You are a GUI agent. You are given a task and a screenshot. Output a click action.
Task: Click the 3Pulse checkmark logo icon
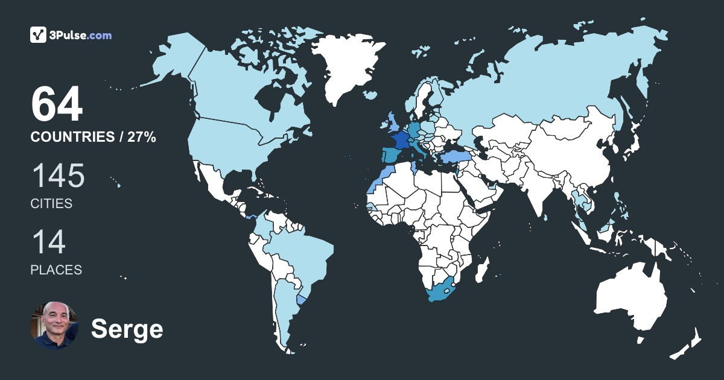click(39, 35)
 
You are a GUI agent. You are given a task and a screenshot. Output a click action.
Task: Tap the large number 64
click(56, 105)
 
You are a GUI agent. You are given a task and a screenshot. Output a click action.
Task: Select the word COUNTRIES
click(71, 138)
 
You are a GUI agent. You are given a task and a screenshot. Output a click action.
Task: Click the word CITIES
click(51, 204)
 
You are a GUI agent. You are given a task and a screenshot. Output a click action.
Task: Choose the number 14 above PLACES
click(48, 242)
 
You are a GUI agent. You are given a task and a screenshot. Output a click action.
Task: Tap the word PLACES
click(56, 270)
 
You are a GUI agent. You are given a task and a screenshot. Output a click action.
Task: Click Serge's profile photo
click(54, 326)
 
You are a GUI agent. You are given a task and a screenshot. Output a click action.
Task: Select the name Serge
click(127, 329)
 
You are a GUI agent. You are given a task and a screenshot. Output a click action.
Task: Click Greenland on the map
click(347, 66)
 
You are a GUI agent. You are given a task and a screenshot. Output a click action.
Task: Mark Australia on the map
click(630, 299)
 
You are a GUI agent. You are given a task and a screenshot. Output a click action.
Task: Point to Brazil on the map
click(302, 253)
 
